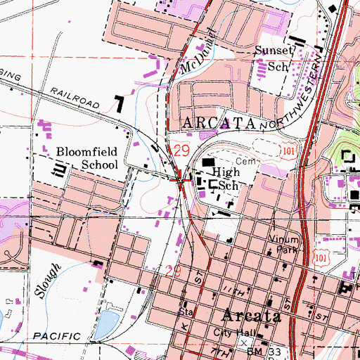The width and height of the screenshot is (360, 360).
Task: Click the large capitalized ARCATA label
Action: pos(218,123)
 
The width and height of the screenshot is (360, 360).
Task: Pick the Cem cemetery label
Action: pos(243,161)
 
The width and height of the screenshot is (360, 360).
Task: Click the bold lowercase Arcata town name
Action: pos(253,315)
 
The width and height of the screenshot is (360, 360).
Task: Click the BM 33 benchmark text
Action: pos(269,343)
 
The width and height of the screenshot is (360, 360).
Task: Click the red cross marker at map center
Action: pos(181,179)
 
